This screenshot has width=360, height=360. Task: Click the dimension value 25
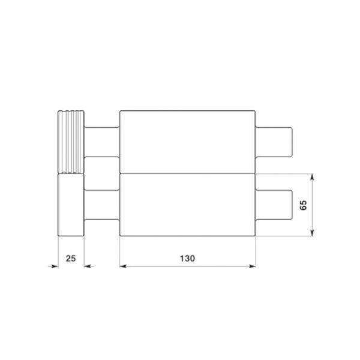pos(71,259)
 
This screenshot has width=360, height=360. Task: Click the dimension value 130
pos(187,259)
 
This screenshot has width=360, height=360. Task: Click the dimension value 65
pos(303,205)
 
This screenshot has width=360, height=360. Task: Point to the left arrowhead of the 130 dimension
pos(123,266)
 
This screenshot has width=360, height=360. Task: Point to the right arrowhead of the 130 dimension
pos(253,266)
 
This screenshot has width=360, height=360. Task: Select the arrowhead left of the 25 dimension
pos(55,266)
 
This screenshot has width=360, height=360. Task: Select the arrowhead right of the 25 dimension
pos(88,266)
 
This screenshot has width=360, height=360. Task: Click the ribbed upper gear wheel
pos(71,142)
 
